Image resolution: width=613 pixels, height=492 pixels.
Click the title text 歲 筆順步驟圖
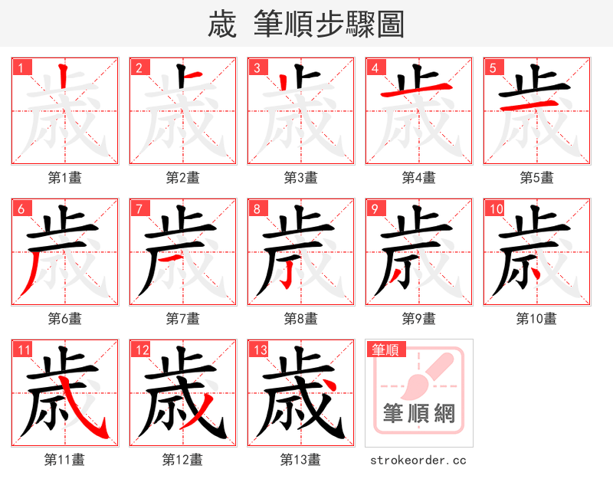(306, 24)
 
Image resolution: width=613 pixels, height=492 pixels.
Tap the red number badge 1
(21, 67)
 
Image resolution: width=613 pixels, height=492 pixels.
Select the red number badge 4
(375, 67)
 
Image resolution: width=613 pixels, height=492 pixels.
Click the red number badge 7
(139, 208)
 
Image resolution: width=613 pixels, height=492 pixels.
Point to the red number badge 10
(495, 208)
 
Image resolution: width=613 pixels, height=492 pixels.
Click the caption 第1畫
(65, 178)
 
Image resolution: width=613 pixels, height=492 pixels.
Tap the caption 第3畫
(301, 178)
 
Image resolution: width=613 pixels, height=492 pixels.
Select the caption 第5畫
(537, 178)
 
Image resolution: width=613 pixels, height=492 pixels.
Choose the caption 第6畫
(65, 318)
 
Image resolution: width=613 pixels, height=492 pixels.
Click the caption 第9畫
(419, 318)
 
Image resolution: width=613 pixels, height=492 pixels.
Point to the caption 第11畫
(65, 460)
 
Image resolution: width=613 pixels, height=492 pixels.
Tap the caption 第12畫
(183, 460)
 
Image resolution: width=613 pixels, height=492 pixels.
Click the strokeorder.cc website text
(418, 460)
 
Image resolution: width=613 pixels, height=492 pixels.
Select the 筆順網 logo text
(419, 415)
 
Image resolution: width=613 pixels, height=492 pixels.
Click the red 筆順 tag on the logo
(385, 350)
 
